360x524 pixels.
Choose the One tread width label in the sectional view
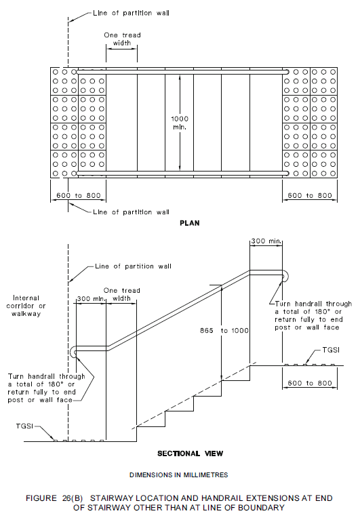(122, 294)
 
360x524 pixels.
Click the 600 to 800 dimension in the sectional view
(308, 383)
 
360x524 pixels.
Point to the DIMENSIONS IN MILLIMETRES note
(179, 474)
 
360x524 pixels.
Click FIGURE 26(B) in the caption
(60, 498)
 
